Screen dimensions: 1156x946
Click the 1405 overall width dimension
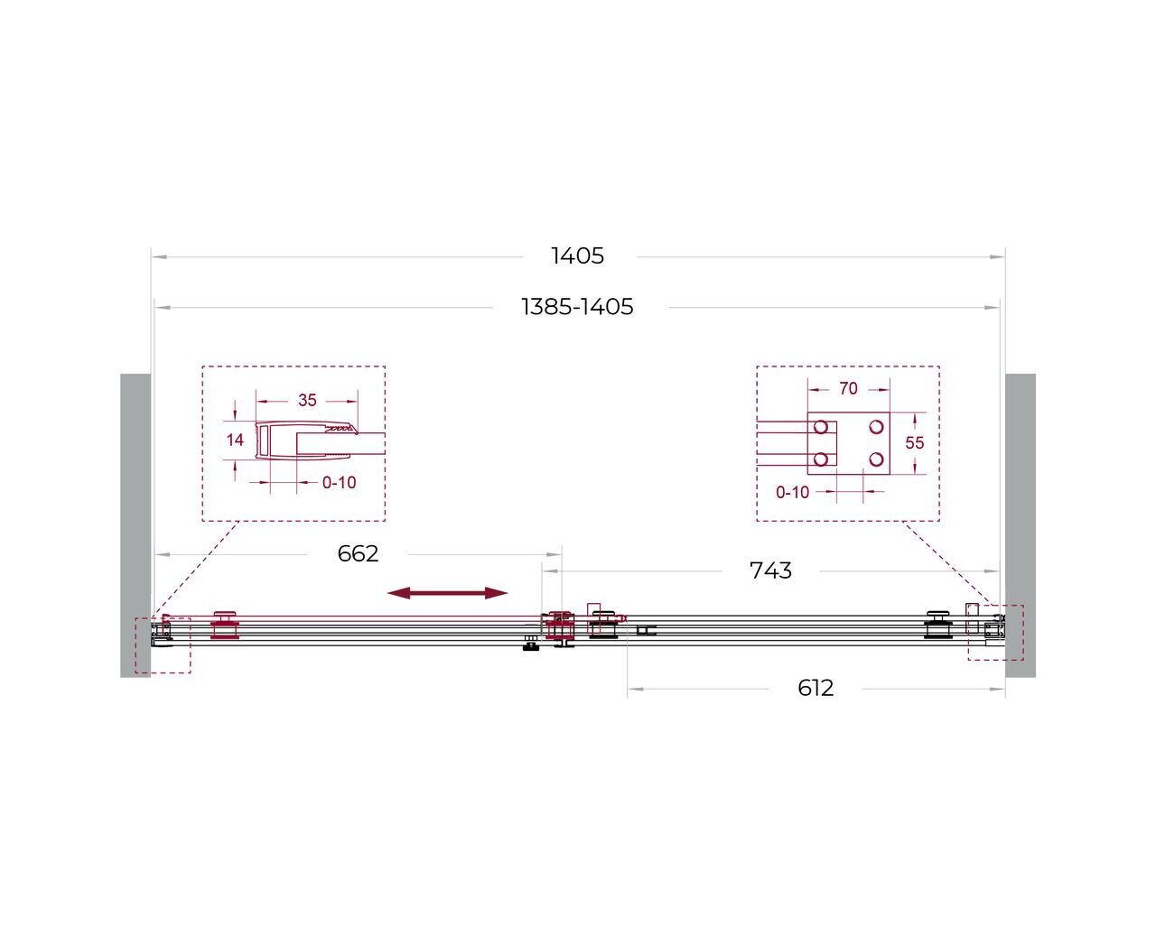[x=577, y=255]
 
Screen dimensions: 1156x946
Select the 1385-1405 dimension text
[x=577, y=307]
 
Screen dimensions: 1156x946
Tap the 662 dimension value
[x=358, y=554]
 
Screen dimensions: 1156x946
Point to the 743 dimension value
[x=770, y=570]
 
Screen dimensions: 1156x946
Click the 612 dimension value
[x=816, y=688]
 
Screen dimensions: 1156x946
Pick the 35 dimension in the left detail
[x=307, y=401]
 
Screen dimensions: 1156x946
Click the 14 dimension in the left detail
[x=235, y=440]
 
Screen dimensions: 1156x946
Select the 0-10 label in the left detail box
[x=339, y=483]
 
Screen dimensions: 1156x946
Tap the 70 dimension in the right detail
[x=848, y=388]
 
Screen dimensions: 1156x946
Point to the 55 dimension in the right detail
[x=914, y=442]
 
